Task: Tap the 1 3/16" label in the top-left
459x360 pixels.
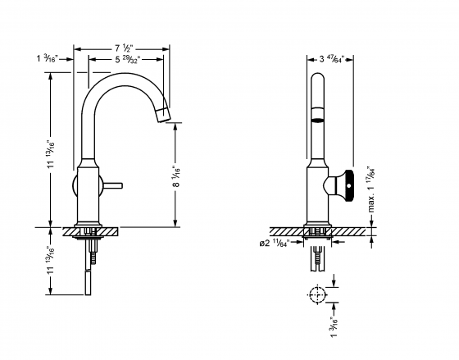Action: click(48, 59)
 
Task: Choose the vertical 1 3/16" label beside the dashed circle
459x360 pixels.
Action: click(333, 326)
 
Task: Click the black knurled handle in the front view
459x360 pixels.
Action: click(350, 185)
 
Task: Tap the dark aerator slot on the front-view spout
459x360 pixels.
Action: click(317, 118)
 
